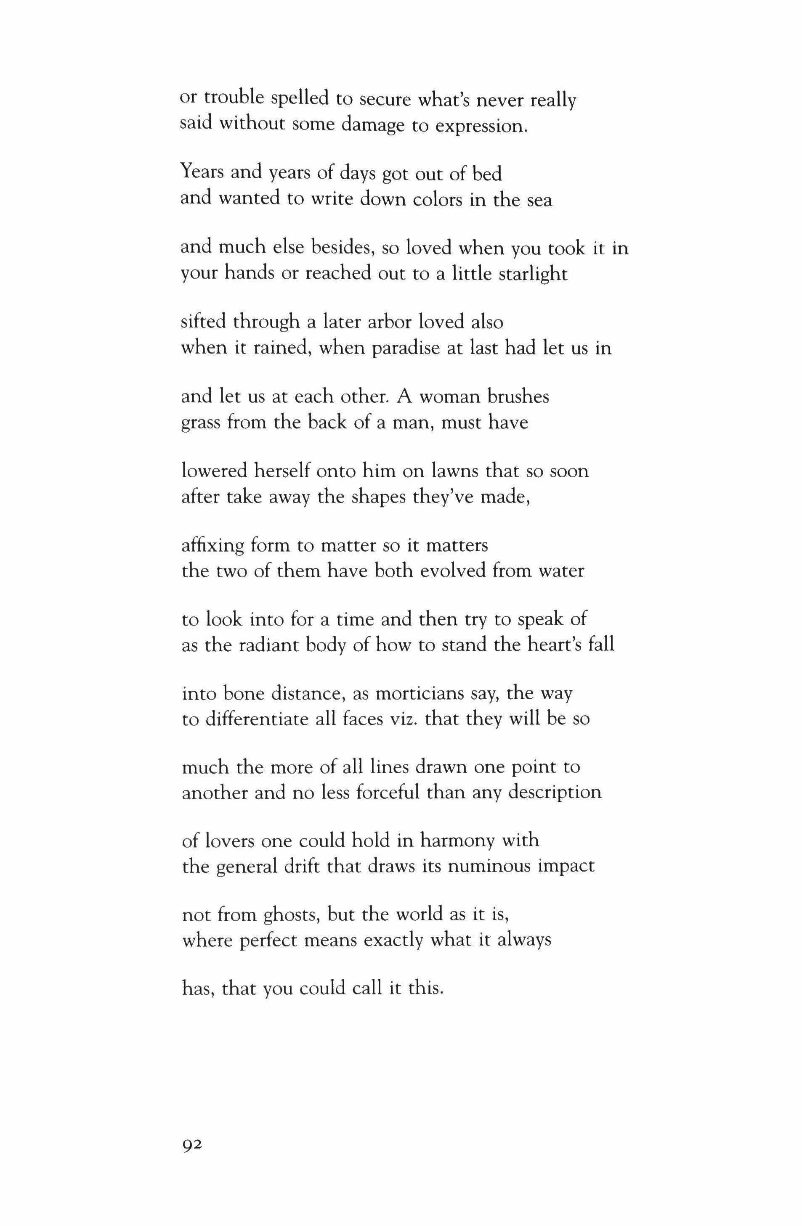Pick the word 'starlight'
(533, 274)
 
